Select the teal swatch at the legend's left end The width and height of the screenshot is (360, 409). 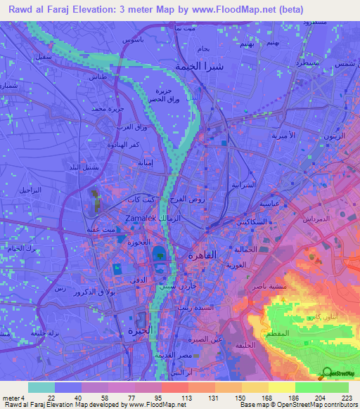pos(41,387)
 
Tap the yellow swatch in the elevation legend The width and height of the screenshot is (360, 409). pos(281,387)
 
